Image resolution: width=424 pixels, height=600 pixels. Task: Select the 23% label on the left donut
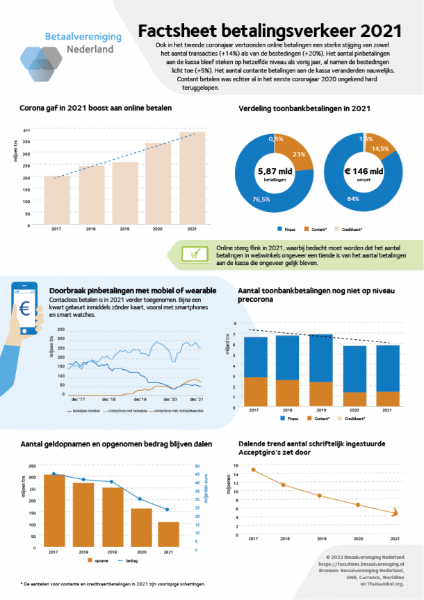pyautogui.click(x=300, y=155)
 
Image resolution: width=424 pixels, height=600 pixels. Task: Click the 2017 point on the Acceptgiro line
pyautogui.click(x=253, y=470)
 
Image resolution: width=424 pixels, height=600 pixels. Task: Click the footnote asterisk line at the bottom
pyautogui.click(x=111, y=584)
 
